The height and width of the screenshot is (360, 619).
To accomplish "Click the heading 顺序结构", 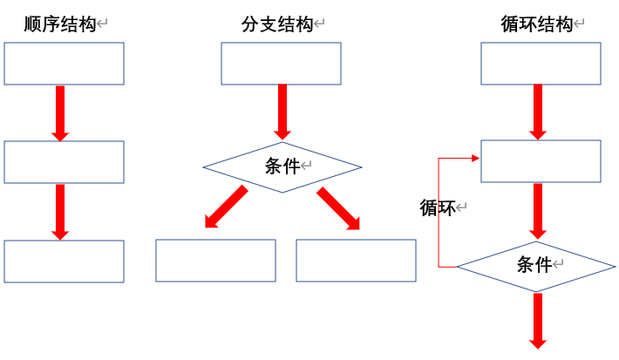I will pos(59,25).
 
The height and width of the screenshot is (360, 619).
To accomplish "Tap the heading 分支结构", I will pos(277,25).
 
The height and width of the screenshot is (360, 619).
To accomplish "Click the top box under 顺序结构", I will pos(65,64).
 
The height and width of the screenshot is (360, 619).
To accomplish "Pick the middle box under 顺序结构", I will pos(65,162).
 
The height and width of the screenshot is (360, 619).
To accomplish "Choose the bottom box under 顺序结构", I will pos(65,262).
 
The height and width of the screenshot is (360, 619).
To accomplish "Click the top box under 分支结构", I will pos(281,64).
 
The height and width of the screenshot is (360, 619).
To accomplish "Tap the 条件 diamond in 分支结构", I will pos(282,166).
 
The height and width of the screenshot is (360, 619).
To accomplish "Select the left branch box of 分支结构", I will pos(215,261).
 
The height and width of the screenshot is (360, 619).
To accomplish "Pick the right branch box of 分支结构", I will pos(356,261).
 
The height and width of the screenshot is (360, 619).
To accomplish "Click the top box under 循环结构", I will pos(541,64).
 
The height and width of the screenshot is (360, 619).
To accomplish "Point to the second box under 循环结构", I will pos(541,162).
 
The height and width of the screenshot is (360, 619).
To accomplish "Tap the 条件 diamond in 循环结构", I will pos(535,265).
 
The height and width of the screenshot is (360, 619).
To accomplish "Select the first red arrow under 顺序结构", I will pos(60,112).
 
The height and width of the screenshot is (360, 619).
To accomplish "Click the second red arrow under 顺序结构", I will pos(60,211).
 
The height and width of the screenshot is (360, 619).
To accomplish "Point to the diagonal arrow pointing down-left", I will pos(226,207).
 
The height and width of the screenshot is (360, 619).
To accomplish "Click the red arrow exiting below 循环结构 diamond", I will pos(538,320).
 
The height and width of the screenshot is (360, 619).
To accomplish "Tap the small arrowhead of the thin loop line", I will pos(476,159).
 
